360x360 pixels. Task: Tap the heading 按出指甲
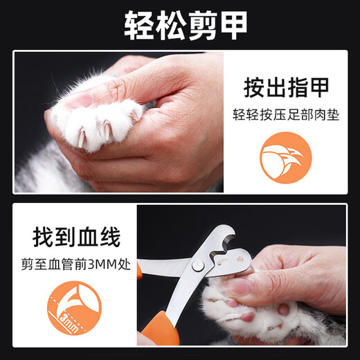[x=285, y=88]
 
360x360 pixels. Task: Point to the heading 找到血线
[x=75, y=237]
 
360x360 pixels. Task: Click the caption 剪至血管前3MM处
[x=75, y=264]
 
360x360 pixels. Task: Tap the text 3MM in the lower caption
[x=103, y=264]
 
